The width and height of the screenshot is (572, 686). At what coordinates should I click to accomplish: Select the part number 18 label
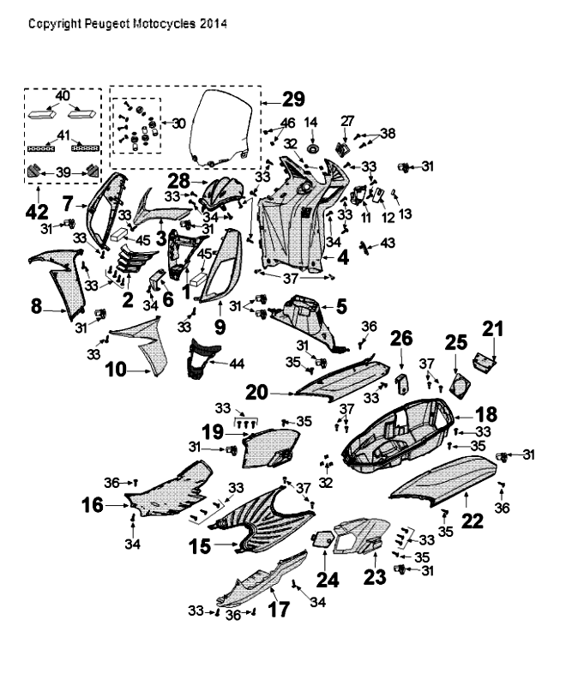point(485,413)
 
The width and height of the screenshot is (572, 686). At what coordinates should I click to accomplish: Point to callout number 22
point(473,520)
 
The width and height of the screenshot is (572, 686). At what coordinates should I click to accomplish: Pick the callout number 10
point(114,370)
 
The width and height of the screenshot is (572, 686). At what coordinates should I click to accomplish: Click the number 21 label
point(492,328)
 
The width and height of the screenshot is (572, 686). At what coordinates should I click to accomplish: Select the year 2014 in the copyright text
point(213,24)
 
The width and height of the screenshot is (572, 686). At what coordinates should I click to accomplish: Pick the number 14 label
point(311,122)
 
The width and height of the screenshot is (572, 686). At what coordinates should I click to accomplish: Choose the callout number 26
point(402,340)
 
